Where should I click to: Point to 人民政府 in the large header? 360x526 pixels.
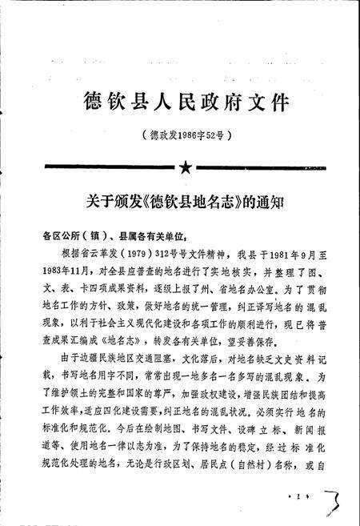pyautogui.click(x=186, y=102)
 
